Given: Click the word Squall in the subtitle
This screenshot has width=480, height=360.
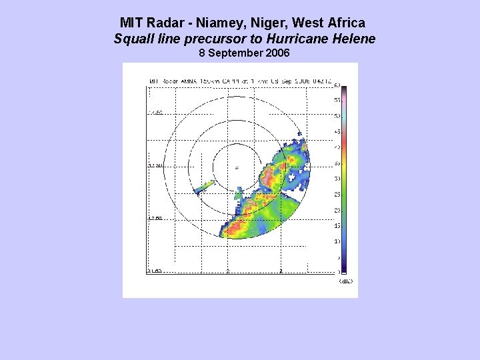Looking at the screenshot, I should point(132,39).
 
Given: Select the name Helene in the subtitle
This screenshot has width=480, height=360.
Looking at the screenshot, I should point(354,39).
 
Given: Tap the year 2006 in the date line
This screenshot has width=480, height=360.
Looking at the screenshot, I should point(277,53).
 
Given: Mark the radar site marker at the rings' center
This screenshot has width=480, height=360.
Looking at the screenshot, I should point(237,167).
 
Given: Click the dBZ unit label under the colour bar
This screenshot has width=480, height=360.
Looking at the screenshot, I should point(345,281).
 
